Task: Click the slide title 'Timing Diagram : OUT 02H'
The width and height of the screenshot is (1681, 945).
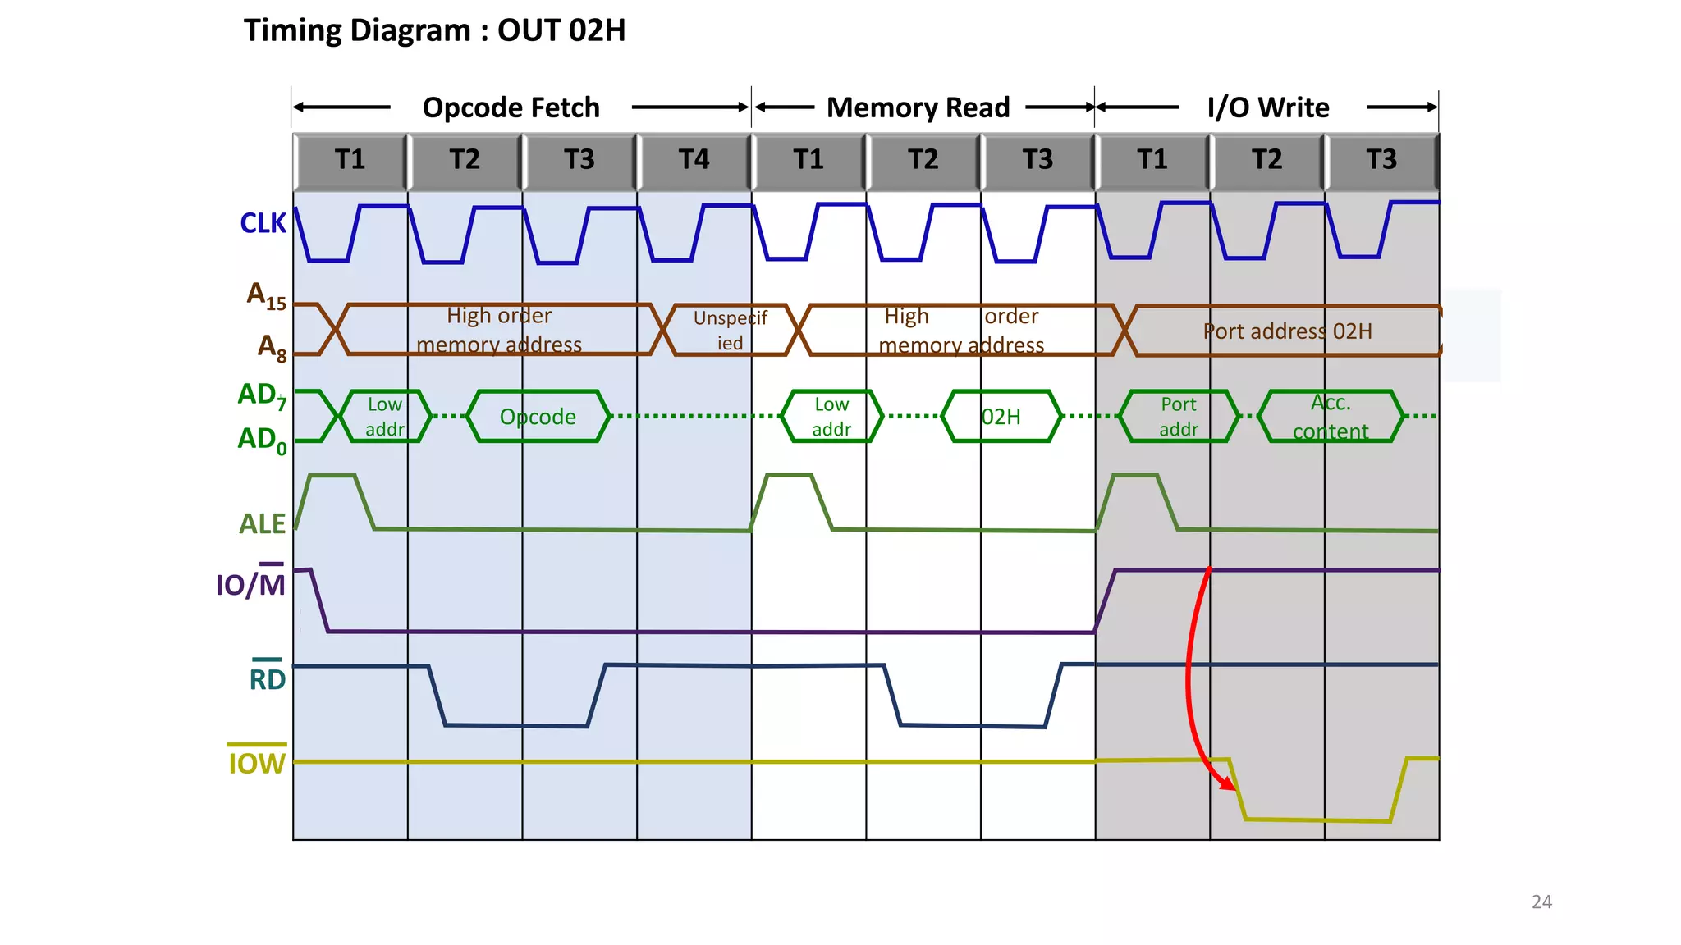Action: click(x=434, y=30)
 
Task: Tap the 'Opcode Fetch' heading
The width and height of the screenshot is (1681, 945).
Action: click(x=511, y=107)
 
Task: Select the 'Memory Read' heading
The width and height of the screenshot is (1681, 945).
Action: click(x=918, y=107)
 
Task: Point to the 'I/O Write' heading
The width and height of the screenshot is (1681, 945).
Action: click(x=1267, y=107)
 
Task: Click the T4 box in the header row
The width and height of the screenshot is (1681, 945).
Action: click(x=694, y=159)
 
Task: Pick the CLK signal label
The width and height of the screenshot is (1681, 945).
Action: click(x=263, y=223)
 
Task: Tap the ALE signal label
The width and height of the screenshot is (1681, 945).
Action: click(x=262, y=523)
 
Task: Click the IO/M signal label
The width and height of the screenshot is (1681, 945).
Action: click(x=250, y=583)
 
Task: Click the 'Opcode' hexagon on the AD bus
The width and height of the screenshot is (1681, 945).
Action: click(x=538, y=417)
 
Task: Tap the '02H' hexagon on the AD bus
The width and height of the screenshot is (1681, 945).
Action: click(x=1001, y=417)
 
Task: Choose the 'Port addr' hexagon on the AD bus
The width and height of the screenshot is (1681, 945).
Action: click(x=1179, y=417)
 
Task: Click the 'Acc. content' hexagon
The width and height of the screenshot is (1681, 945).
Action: click(x=1331, y=417)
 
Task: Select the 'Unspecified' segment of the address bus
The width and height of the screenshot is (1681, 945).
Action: click(x=730, y=330)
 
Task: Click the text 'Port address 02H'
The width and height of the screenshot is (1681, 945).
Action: click(x=1287, y=331)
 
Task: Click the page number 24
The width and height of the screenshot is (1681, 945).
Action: click(x=1541, y=902)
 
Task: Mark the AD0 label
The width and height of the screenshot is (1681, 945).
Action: click(x=262, y=441)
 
